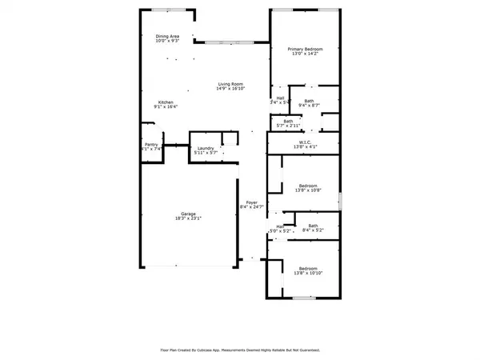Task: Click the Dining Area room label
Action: tap(167, 36)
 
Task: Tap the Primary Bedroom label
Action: tap(304, 49)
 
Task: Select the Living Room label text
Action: tap(231, 84)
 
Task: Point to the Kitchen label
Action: tap(166, 102)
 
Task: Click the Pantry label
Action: tap(151, 145)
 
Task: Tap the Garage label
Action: tap(188, 214)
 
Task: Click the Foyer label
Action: tap(251, 202)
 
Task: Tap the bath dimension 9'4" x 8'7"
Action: tap(309, 106)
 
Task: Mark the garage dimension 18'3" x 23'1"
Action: tap(188, 218)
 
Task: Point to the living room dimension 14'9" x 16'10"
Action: tap(231, 89)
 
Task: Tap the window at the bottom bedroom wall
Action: tap(303, 298)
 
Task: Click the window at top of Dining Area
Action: tap(166, 10)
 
